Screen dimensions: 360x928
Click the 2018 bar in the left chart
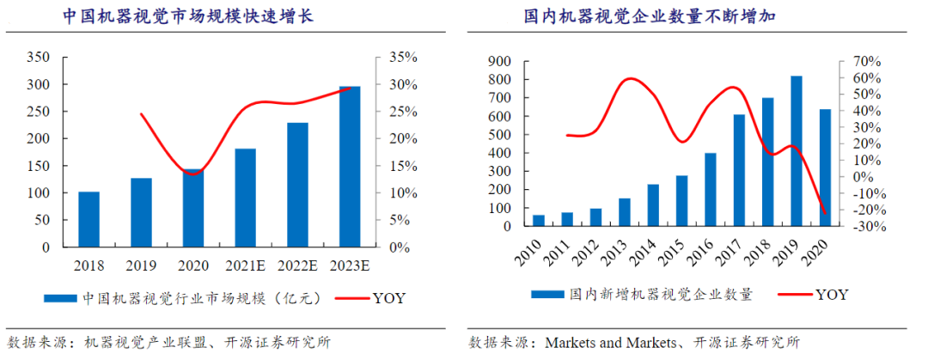(89, 219)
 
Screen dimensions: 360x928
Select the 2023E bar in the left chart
(350, 167)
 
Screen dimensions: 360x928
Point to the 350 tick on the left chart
(39, 58)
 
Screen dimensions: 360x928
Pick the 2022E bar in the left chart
(297, 185)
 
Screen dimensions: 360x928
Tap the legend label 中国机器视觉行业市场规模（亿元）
(201, 299)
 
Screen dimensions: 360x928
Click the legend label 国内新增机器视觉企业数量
(661, 295)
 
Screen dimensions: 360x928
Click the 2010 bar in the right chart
(539, 222)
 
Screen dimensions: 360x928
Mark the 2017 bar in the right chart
(739, 171)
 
